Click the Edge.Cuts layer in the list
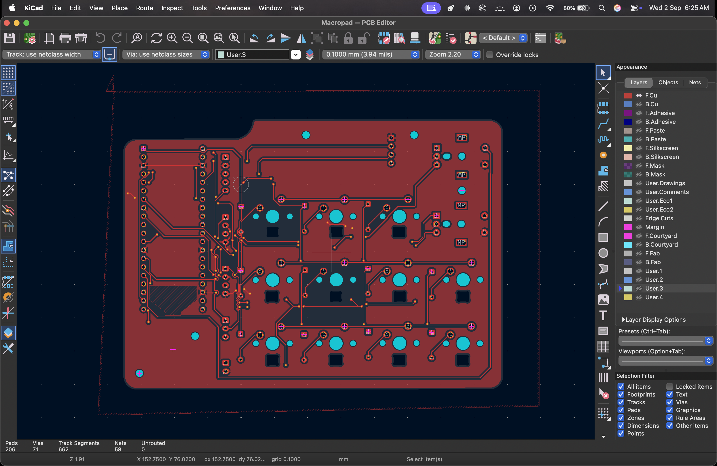(x=659, y=218)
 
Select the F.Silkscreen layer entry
(x=661, y=148)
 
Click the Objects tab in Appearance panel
(x=668, y=82)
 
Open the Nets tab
(x=695, y=82)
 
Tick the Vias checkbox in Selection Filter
(x=670, y=402)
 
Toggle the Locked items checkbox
(x=670, y=387)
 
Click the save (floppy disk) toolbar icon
(x=10, y=38)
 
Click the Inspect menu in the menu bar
(x=172, y=8)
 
